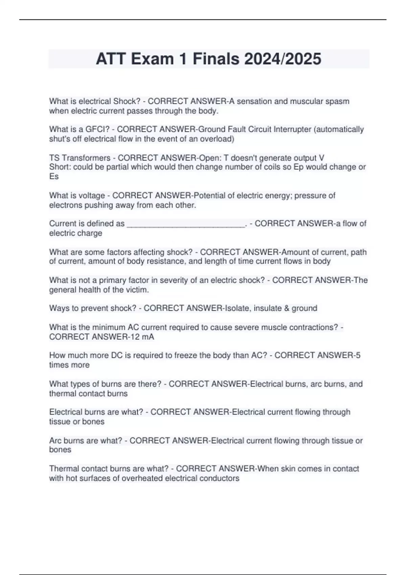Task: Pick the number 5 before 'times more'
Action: pyautogui.click(x=358, y=355)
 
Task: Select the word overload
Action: pyautogui.click(x=217, y=139)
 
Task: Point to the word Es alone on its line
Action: pyautogui.click(x=54, y=177)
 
